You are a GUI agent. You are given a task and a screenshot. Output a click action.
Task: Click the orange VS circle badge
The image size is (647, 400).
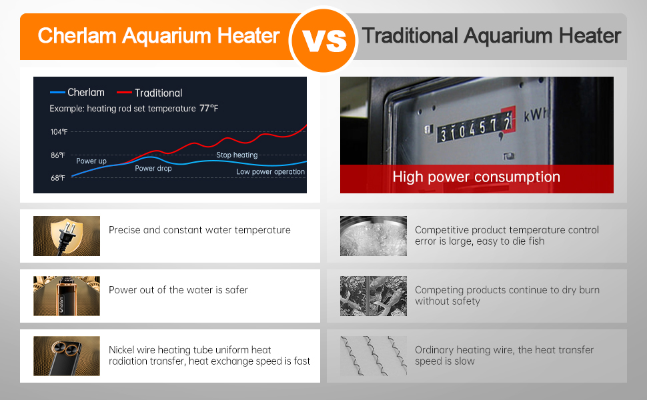(x=323, y=39)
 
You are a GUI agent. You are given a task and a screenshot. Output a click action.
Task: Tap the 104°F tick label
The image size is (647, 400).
(x=59, y=132)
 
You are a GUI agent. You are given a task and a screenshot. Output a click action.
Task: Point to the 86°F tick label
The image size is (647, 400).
(x=58, y=155)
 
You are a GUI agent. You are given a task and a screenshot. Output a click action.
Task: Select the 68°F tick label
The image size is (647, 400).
(x=58, y=178)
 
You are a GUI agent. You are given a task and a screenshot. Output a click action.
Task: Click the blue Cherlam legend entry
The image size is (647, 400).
(x=77, y=93)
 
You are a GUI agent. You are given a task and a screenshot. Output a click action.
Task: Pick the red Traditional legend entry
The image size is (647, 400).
(x=149, y=93)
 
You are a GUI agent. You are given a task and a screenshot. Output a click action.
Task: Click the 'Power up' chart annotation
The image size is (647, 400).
(x=91, y=161)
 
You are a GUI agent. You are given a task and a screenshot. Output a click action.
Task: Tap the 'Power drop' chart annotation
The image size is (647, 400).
(x=153, y=168)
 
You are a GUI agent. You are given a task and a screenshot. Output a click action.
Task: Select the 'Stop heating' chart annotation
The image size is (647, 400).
(x=237, y=155)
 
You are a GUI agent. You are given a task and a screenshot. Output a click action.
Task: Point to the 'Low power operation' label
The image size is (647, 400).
(x=270, y=171)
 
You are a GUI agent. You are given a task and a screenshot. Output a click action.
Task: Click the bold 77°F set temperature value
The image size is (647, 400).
(x=209, y=109)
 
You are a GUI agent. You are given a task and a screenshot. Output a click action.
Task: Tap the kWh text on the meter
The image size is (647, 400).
(x=535, y=115)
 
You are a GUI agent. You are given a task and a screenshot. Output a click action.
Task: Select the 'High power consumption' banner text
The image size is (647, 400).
(x=476, y=177)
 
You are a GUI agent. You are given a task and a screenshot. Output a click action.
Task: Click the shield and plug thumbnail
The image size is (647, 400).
(x=67, y=236)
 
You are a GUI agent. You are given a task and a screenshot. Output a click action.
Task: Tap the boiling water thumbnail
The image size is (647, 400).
(x=374, y=236)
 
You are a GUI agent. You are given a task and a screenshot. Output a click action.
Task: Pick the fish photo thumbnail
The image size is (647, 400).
(x=374, y=296)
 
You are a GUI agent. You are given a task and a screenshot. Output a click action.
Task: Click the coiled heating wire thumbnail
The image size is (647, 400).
(x=374, y=356)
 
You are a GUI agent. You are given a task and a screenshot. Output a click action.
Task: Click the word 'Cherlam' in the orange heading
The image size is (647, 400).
(x=77, y=36)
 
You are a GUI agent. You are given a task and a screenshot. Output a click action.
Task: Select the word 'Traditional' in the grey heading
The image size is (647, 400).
(x=410, y=36)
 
